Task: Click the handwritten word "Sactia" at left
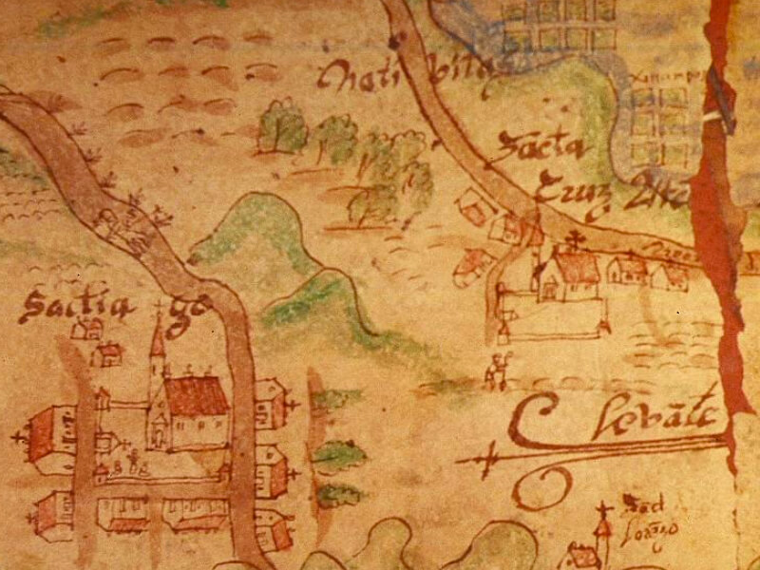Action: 59,307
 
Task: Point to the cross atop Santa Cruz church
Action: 572,237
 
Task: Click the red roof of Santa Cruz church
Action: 576,269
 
